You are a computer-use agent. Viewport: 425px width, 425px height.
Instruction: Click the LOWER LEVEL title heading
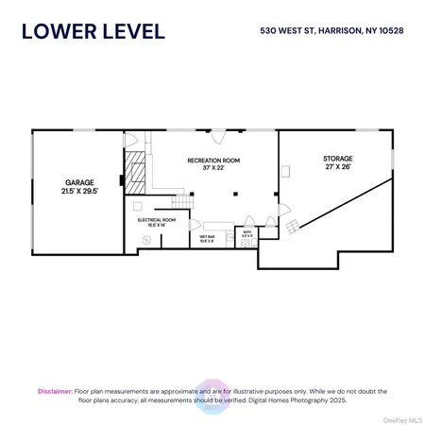coord(93,30)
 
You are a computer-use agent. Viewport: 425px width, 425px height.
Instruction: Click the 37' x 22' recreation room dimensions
coord(213,170)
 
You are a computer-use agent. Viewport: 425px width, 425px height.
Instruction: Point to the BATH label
coord(246,230)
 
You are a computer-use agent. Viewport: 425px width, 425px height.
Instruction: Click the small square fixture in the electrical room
coord(136,204)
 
